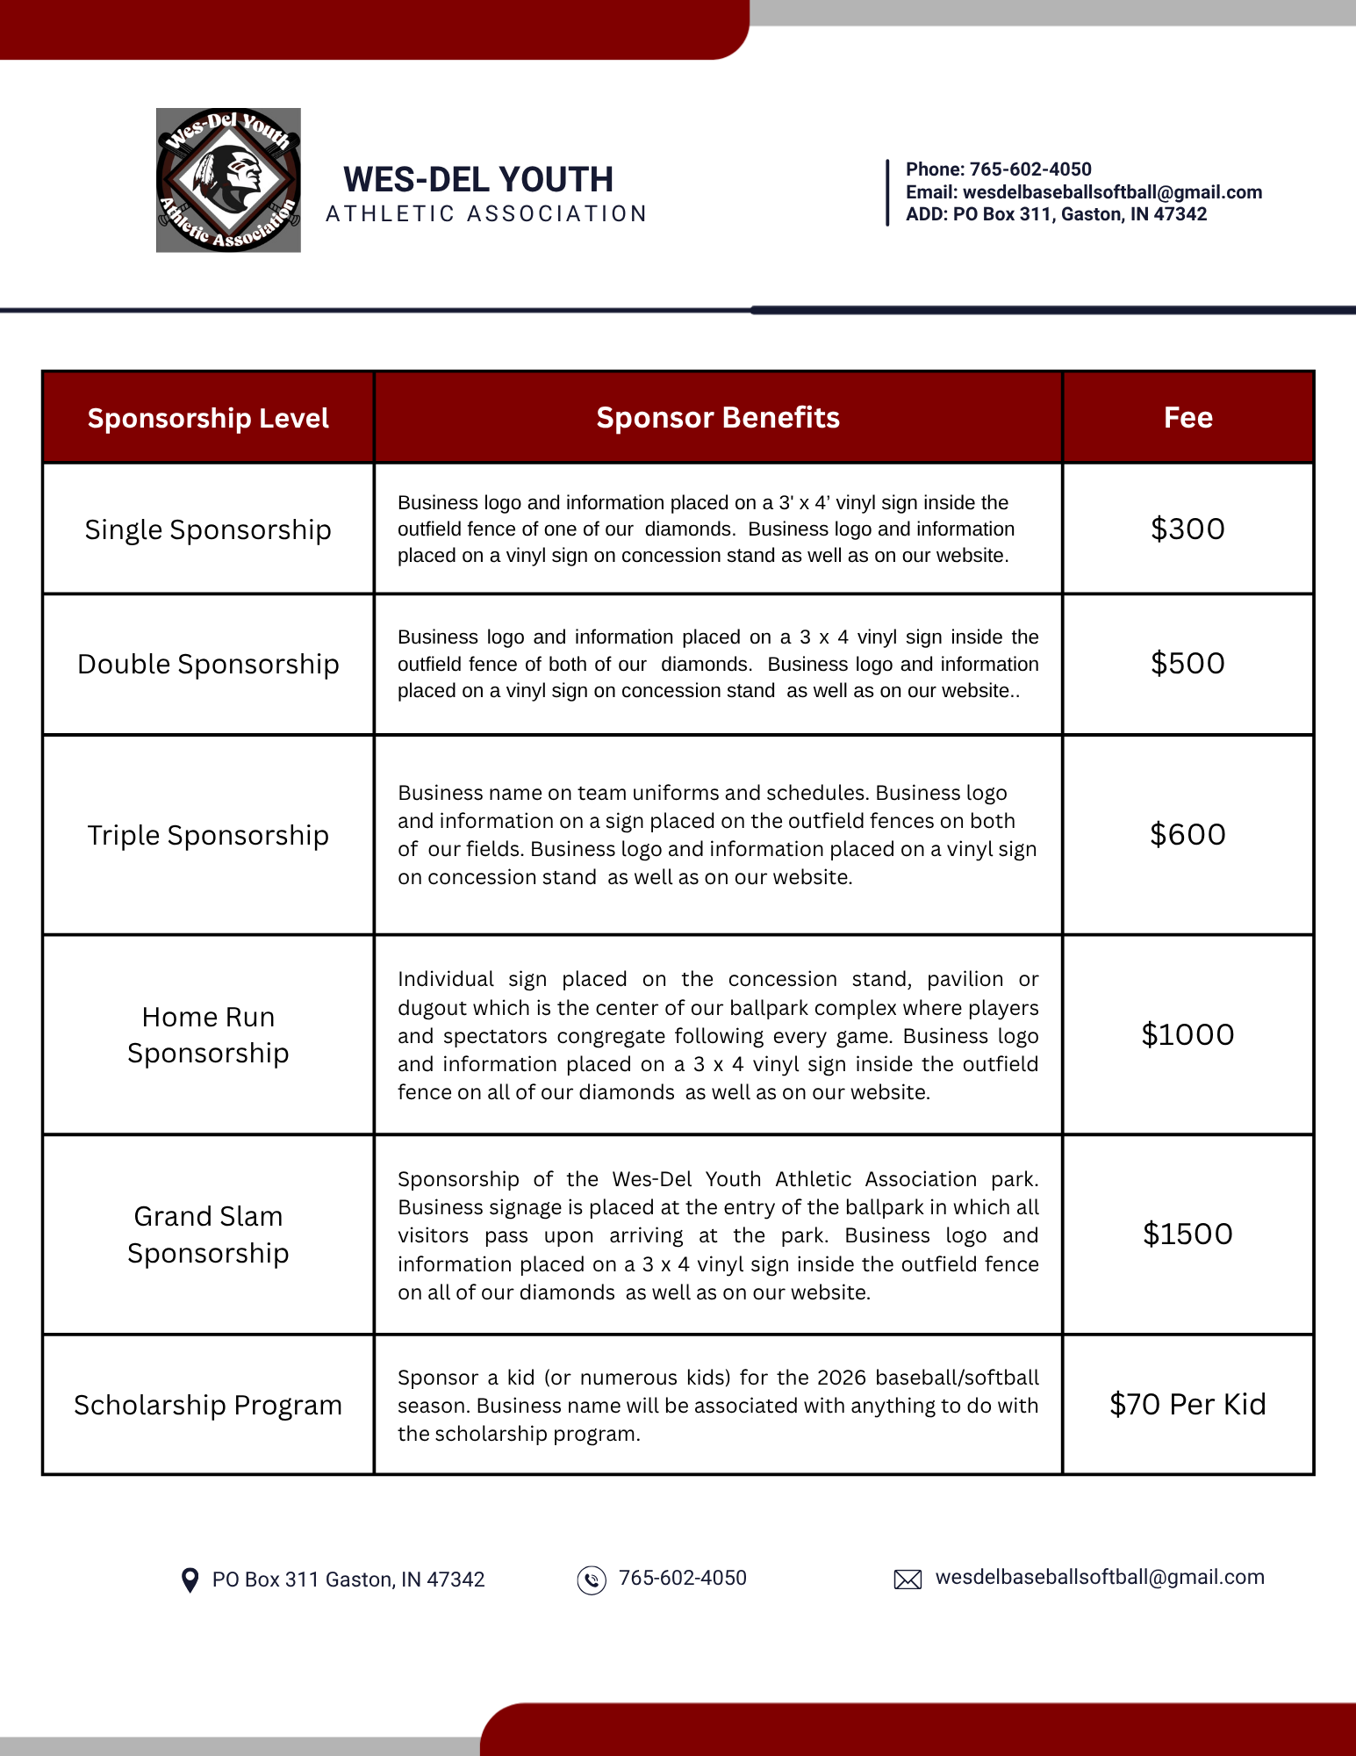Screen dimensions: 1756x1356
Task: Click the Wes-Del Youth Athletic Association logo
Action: (228, 180)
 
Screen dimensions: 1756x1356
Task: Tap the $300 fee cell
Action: (1187, 529)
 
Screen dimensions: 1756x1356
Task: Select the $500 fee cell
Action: (1187, 663)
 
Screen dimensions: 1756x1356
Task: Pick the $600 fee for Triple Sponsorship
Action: (1187, 834)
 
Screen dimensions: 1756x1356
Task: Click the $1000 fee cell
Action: (1187, 1034)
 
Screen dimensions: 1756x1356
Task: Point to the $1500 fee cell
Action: (1187, 1234)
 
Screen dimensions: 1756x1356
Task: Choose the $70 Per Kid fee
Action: (1187, 1404)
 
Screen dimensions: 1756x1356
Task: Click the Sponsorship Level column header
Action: (208, 418)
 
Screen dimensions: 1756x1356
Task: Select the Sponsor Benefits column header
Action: (718, 418)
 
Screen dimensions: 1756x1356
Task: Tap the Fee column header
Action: (1187, 418)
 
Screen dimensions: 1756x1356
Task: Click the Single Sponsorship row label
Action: (208, 529)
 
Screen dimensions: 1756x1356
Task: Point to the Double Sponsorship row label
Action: (208, 664)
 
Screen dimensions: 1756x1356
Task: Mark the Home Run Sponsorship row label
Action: (208, 1034)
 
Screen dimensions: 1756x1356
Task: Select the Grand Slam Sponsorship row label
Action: (208, 1234)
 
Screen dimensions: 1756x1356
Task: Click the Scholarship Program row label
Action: (208, 1405)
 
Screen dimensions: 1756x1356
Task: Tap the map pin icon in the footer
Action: (190, 1580)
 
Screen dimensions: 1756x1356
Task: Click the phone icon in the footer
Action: (592, 1580)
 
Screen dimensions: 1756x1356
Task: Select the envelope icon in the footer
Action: (908, 1580)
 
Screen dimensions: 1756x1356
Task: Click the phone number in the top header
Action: (1030, 169)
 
